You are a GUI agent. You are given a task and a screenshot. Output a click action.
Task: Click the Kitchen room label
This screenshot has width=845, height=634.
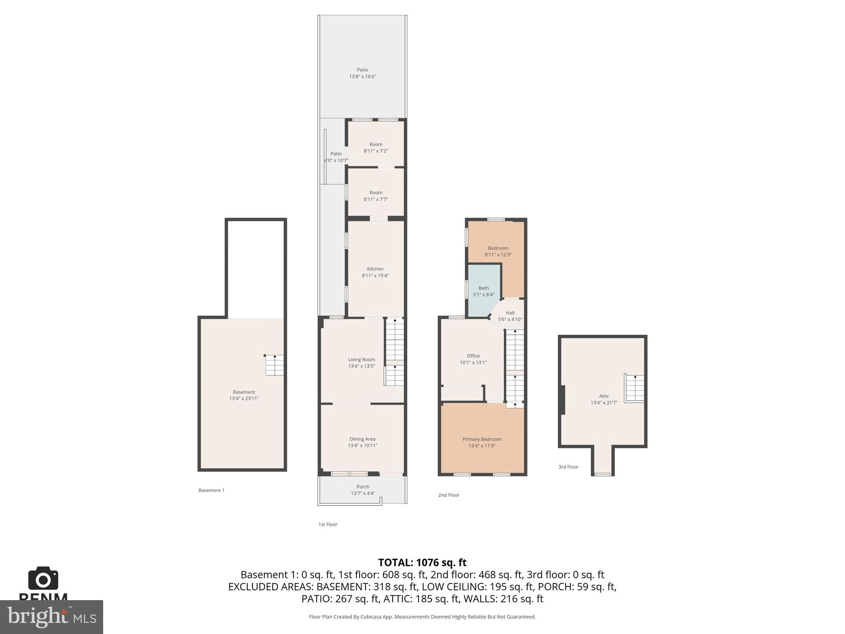click(375, 269)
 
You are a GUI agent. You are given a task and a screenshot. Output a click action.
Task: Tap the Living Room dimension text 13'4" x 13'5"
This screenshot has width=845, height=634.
click(361, 366)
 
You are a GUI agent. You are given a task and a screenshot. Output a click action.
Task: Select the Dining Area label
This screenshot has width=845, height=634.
click(362, 439)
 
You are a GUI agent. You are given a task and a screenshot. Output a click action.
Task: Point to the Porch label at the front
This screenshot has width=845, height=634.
click(363, 487)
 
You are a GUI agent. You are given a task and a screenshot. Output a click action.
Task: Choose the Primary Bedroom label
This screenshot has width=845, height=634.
click(482, 439)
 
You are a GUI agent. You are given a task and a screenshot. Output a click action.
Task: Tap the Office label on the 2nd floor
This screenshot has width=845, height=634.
click(473, 356)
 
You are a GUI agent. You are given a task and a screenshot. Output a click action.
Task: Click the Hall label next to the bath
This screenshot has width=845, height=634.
click(510, 313)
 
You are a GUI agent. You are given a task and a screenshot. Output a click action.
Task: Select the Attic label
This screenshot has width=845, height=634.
click(604, 396)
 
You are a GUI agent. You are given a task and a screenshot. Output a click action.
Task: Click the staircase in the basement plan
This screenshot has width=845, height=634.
click(274, 365)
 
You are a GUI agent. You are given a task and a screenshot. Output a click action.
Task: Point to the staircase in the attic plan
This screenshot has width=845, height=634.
click(635, 388)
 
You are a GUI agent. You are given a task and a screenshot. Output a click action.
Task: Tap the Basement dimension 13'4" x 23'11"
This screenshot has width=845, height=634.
click(244, 399)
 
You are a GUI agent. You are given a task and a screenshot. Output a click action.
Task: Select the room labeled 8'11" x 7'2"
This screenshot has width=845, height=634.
click(375, 147)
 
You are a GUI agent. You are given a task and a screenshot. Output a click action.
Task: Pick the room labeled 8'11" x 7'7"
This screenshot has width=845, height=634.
click(375, 196)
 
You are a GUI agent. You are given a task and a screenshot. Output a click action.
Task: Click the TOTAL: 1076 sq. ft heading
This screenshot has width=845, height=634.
click(422, 563)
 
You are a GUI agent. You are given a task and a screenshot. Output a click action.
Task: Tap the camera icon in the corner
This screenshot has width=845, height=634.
click(43, 578)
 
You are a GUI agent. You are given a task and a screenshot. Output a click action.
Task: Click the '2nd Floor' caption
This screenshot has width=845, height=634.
click(448, 495)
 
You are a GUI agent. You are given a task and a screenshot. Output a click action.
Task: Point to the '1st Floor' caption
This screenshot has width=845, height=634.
click(328, 524)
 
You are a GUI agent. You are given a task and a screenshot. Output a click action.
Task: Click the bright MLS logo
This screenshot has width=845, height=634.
click(51, 617)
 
